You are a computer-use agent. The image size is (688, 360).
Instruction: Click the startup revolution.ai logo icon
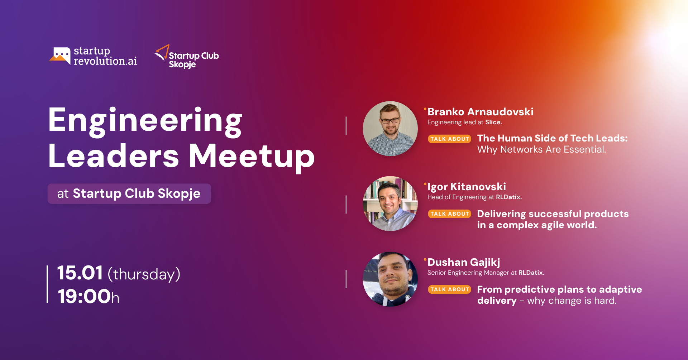coord(60,56)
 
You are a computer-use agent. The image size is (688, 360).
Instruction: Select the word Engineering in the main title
coord(145,122)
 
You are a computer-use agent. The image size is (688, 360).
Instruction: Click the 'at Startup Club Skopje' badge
coord(129,194)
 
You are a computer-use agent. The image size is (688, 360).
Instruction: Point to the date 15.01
coord(80,273)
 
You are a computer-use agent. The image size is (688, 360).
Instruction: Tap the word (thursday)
coord(144,274)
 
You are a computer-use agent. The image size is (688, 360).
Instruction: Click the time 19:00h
coord(89,297)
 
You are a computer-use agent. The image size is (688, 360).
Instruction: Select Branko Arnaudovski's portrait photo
coord(390,129)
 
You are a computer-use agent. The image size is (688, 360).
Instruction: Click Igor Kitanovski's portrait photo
coord(390,203)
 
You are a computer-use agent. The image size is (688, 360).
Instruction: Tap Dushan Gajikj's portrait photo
coord(390,279)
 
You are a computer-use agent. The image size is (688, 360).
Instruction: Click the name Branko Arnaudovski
coord(481,112)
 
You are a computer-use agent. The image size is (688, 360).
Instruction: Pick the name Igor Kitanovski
coord(467,187)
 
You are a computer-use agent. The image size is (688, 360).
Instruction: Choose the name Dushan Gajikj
coord(464,263)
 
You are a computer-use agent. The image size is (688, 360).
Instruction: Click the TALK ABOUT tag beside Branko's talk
coord(450,139)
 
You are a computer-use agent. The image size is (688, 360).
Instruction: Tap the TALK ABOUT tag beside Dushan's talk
coord(450,289)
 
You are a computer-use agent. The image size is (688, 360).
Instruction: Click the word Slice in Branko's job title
coord(493,122)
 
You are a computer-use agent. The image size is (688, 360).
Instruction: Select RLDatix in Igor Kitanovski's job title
coord(508,197)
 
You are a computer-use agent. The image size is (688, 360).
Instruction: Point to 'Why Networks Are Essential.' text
coord(541,149)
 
